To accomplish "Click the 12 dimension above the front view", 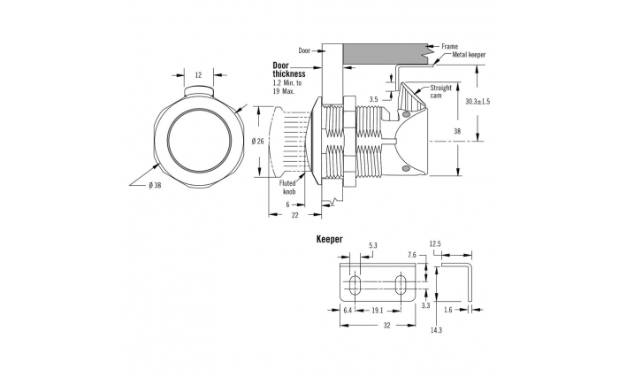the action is coord(199,74).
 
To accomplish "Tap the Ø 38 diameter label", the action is coord(155,185).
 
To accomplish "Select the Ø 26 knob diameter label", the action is coord(258,141).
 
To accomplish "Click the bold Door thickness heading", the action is coord(289,70).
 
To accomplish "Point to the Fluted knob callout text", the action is coord(287,188).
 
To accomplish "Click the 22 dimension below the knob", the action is coord(294,215).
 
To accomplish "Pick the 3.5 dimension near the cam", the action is coord(374,100).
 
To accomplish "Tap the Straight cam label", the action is coord(440,92).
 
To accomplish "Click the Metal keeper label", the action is coord(469,55).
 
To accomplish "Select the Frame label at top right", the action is coord(449,47).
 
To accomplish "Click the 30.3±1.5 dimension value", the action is coord(478,102).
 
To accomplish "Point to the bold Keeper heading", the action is coord(330,239).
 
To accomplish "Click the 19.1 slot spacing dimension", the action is coord(378,311).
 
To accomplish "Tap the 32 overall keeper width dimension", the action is coord(387,326).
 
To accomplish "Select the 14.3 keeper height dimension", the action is coord(436,330).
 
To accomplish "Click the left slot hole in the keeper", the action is coord(355,283).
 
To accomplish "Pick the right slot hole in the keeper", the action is coord(401,283).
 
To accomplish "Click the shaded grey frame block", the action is coord(386,53).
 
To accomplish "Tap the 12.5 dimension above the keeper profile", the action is coord(435,244).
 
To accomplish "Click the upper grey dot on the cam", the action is coord(407,114).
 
